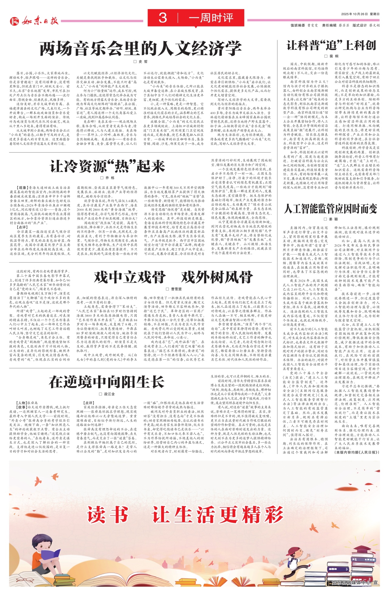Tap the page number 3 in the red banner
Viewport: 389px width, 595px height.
163,18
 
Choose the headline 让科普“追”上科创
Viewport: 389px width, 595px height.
331,46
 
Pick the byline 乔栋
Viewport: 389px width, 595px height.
108,178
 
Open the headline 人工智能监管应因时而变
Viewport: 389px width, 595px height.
331,208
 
